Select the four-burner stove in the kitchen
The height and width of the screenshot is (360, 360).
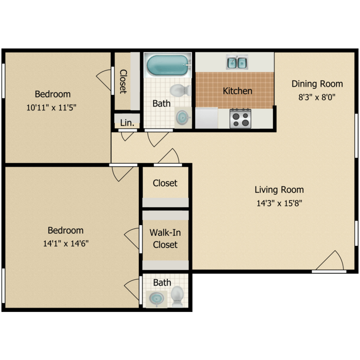click(240, 119)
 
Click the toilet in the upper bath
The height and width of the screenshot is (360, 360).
click(181, 90)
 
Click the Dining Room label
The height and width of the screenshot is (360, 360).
click(317, 84)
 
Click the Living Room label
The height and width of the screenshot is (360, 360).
click(279, 190)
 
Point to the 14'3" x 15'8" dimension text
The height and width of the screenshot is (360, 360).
click(279, 203)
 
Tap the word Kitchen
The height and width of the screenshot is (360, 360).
click(238, 91)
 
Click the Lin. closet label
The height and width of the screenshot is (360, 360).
click(127, 122)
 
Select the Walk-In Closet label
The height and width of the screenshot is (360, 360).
click(165, 239)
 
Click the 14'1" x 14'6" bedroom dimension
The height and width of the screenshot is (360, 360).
click(65, 243)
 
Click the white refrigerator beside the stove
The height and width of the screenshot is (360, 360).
click(207, 118)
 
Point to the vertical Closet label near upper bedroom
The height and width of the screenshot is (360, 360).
click(123, 82)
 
